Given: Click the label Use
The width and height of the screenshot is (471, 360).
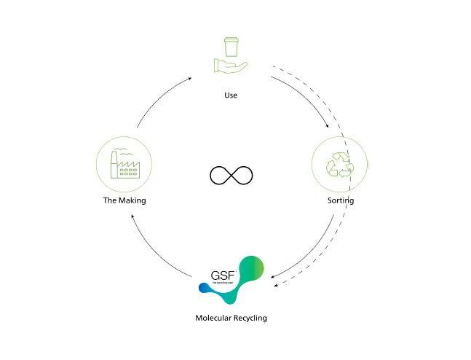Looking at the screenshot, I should [231, 95].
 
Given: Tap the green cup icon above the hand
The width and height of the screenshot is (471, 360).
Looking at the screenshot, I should [231, 47].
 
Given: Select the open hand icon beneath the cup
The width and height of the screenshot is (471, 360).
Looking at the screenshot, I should [230, 67].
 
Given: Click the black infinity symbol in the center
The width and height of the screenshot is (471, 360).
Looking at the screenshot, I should [231, 176].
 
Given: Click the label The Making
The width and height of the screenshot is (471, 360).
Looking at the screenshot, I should [124, 200].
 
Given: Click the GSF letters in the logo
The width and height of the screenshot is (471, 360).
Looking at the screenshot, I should [223, 278].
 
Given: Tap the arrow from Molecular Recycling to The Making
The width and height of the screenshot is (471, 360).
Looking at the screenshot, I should [157, 252].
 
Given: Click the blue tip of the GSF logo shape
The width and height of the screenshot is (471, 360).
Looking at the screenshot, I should [203, 289].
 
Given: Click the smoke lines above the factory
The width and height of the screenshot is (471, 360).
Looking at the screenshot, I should [124, 149].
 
